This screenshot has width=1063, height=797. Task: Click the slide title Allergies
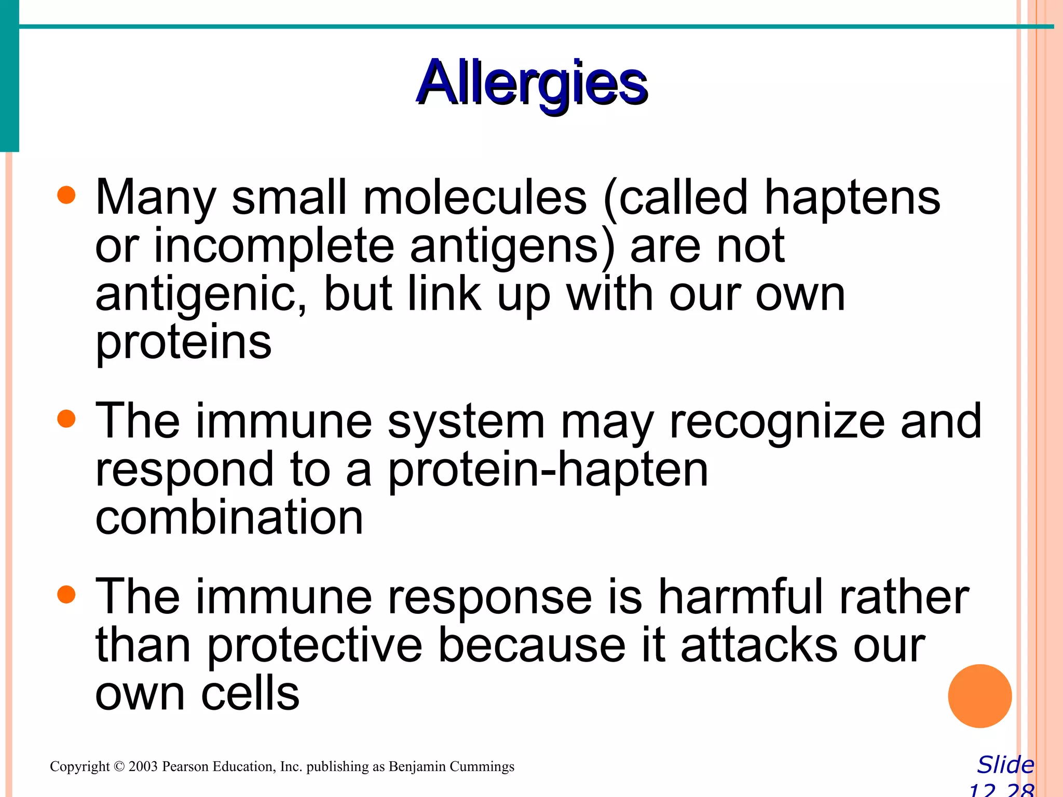point(531,83)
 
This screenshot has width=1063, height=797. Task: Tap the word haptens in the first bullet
point(852,198)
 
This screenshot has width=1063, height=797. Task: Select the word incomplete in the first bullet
point(273,246)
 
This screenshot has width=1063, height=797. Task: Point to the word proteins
point(183,343)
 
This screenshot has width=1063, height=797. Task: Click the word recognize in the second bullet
point(777,421)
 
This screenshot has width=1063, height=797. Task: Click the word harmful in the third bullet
point(741,597)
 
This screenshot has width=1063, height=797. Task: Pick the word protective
point(315,646)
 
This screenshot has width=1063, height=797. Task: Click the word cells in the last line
point(250,694)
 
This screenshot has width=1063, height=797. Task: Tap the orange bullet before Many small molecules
point(66,196)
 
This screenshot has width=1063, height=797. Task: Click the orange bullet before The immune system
point(66,419)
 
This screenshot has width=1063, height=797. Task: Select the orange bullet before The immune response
point(66,595)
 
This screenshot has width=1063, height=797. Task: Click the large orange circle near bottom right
point(979,696)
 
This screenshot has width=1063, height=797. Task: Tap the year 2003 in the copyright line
point(143,767)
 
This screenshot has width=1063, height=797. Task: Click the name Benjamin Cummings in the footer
point(451,767)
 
